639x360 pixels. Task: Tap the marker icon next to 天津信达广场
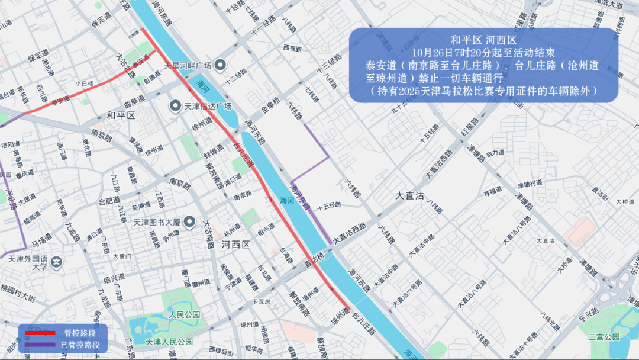(175, 107)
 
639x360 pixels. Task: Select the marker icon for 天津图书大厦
(189, 222)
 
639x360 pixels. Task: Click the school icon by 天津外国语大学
(57, 261)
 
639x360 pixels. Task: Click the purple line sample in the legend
(40, 344)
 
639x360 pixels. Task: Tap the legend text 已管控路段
(80, 344)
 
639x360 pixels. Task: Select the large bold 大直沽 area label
(409, 196)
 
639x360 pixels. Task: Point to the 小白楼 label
(84, 83)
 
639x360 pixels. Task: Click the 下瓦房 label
(261, 302)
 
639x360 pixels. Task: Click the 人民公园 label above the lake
(185, 314)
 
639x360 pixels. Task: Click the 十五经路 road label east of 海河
(330, 205)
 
